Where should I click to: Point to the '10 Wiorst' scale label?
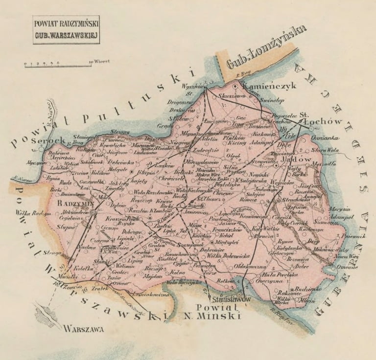coord(99,62)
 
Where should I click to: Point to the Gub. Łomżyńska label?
coord(267,48)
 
